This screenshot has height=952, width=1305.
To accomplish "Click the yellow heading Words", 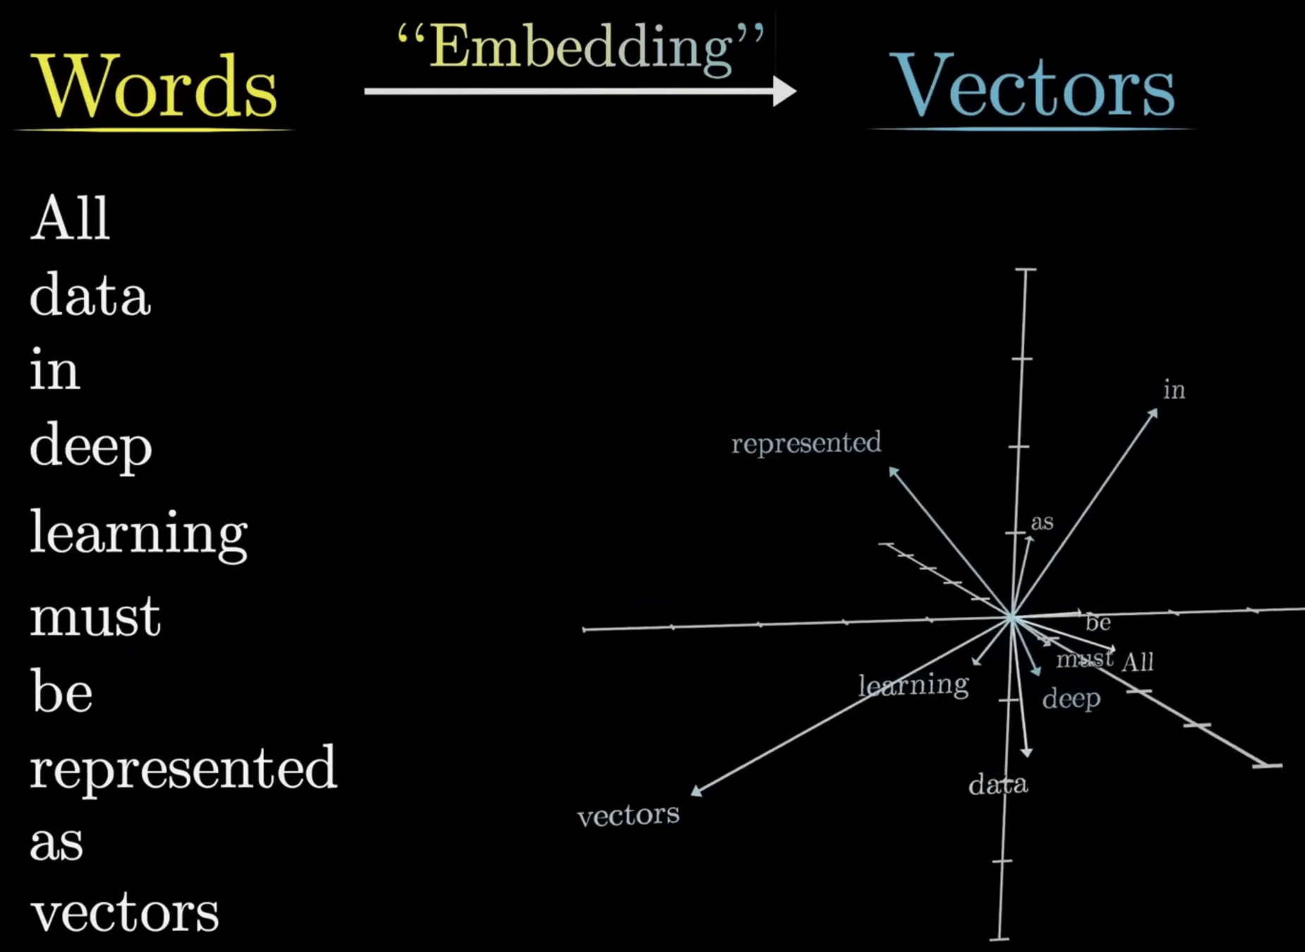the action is click(157, 87).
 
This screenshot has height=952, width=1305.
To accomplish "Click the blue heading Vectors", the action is click(1033, 87).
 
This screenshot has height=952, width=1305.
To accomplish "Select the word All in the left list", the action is click(70, 219).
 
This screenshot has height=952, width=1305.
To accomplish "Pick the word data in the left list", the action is click(90, 295).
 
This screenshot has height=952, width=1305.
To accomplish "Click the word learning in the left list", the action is click(138, 534).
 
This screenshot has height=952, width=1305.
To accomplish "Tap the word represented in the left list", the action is click(183, 768).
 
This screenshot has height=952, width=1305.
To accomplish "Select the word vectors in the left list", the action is click(125, 913).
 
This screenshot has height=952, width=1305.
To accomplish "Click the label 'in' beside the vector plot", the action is click(1174, 390).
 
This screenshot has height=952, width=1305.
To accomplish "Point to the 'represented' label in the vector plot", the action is click(806, 444).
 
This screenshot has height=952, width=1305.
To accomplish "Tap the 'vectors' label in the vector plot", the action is click(629, 815).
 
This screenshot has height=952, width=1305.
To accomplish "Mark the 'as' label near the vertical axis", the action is click(1042, 523).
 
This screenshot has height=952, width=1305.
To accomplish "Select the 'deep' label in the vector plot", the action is click(1072, 699).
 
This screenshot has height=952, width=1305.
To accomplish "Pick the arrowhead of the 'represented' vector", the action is click(893, 471).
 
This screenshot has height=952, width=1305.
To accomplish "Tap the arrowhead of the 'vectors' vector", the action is click(696, 791).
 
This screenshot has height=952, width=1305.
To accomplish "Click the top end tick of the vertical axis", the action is click(1026, 269).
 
